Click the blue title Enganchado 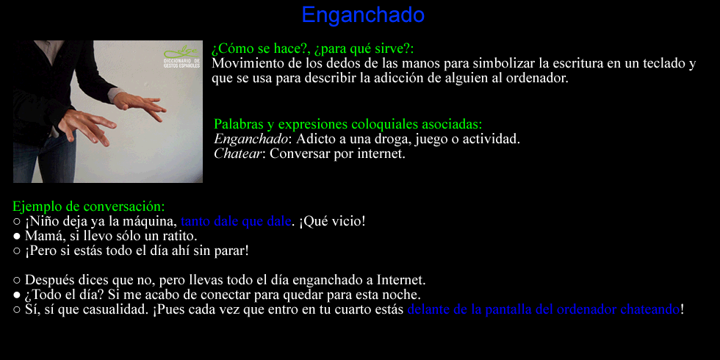[363, 15]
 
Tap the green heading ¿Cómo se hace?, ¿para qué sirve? [313, 48]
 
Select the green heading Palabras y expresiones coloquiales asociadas [348, 124]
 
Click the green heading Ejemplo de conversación [89, 206]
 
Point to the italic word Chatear [238, 154]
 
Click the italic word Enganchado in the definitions [251, 139]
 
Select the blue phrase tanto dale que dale [236, 221]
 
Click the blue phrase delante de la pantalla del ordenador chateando [543, 309]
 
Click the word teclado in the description [662, 63]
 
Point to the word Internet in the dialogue [401, 280]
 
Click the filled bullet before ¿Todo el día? [17, 295]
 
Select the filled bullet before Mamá [17, 236]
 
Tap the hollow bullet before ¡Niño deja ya [17, 221]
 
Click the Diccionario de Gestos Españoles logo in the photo [182, 57]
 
